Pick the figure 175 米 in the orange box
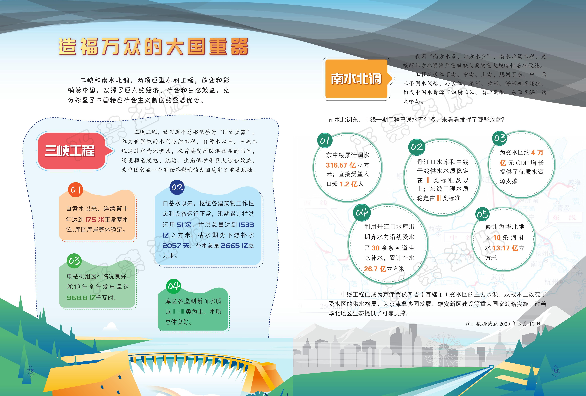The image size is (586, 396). coord(95,220)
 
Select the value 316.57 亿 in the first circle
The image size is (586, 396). coord(341,165)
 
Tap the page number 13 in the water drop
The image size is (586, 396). coord(30,371)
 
